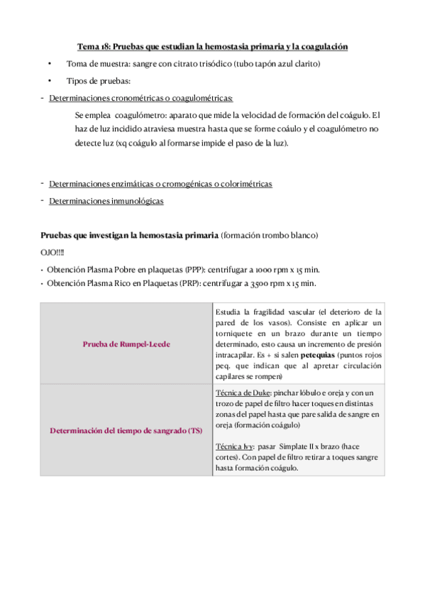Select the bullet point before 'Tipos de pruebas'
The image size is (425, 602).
49,81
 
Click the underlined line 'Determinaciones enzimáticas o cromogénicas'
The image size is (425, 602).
160,184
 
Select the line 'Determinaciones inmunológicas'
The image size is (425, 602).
106,201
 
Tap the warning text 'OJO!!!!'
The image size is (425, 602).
53,252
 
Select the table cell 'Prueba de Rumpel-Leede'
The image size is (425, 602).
126,344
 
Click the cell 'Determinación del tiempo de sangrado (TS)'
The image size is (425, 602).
126,431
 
